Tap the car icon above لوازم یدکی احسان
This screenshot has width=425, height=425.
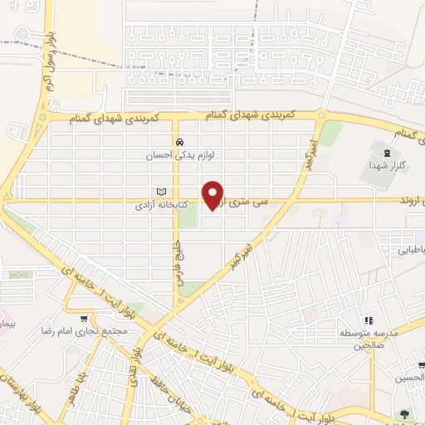(179, 141)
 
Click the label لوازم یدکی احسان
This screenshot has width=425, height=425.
(179, 154)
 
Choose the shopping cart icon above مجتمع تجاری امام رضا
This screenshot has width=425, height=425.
(84, 318)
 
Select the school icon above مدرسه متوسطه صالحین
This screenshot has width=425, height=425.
(369, 320)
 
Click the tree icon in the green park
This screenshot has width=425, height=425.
(404, 413)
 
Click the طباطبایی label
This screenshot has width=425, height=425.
(411, 249)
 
